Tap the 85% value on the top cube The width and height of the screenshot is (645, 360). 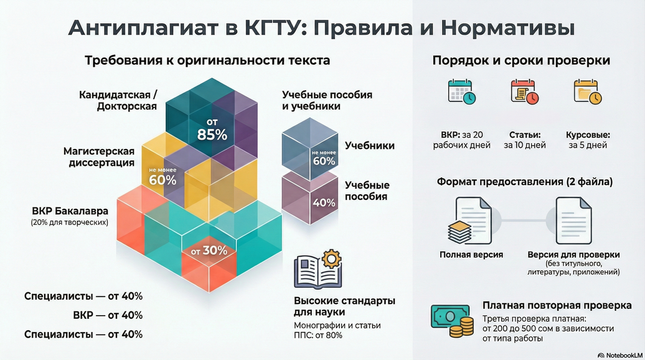(x=212, y=130)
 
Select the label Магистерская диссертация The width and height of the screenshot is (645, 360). (x=99, y=157)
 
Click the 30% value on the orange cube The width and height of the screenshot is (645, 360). (x=209, y=251)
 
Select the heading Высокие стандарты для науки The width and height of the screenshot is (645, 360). (x=344, y=306)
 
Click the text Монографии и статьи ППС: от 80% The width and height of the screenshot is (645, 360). (x=337, y=330)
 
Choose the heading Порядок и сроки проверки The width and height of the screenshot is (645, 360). (x=521, y=61)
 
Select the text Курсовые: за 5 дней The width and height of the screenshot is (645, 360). (x=587, y=140)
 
